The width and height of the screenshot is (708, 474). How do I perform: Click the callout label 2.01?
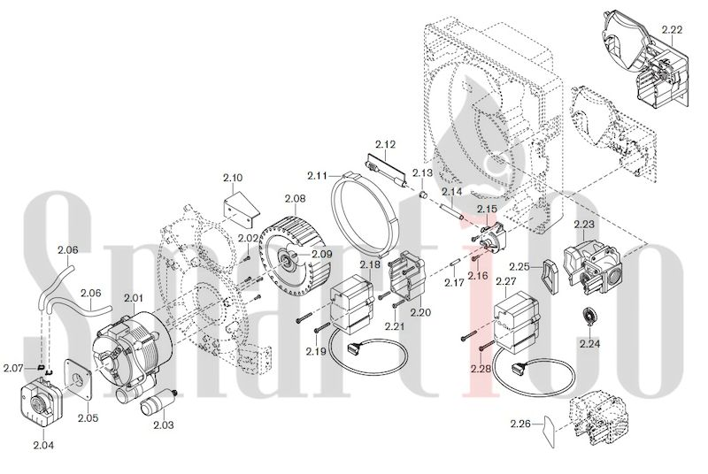pyautogui.click(x=135, y=297)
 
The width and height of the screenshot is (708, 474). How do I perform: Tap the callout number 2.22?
pyautogui.click(x=672, y=30)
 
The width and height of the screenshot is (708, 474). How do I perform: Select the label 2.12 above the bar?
pyautogui.click(x=385, y=143)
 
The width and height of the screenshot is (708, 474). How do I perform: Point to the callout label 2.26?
pyautogui.click(x=519, y=424)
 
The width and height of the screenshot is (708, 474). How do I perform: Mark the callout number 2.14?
pyautogui.click(x=451, y=192)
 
